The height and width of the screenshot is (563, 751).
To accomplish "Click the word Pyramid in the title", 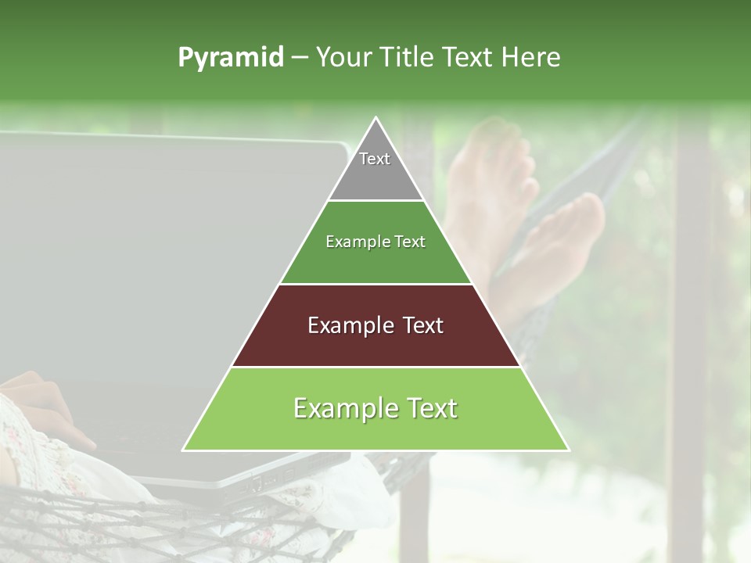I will click(230, 58).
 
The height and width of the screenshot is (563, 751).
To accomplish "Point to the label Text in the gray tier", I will click(375, 159).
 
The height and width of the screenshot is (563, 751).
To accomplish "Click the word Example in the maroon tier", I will click(340, 325).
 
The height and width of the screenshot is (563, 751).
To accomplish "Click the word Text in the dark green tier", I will click(410, 242).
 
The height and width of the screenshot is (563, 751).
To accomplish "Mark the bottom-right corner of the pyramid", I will click(568, 450).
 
